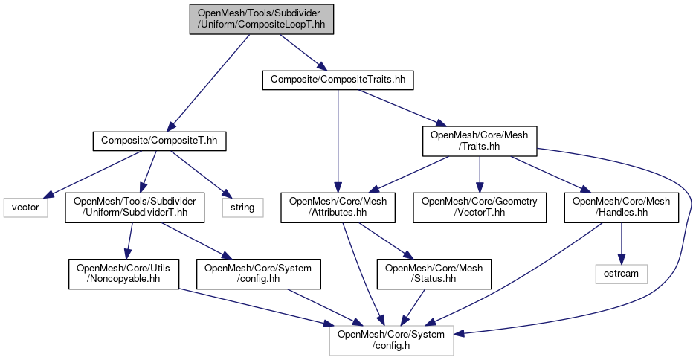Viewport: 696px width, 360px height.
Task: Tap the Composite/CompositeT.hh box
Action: click(159, 139)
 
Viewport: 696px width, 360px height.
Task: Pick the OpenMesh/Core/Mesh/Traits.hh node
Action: click(480, 141)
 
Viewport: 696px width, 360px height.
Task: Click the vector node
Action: click(25, 207)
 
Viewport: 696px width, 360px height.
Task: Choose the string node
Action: click(242, 207)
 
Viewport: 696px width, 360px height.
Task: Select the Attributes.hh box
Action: click(338, 207)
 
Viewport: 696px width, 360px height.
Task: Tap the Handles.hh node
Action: click(622, 207)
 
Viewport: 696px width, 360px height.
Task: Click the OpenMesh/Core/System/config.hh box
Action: click(259, 274)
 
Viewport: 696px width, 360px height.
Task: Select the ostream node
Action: click(622, 274)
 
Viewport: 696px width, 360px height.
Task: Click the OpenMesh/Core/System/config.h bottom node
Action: click(391, 340)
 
